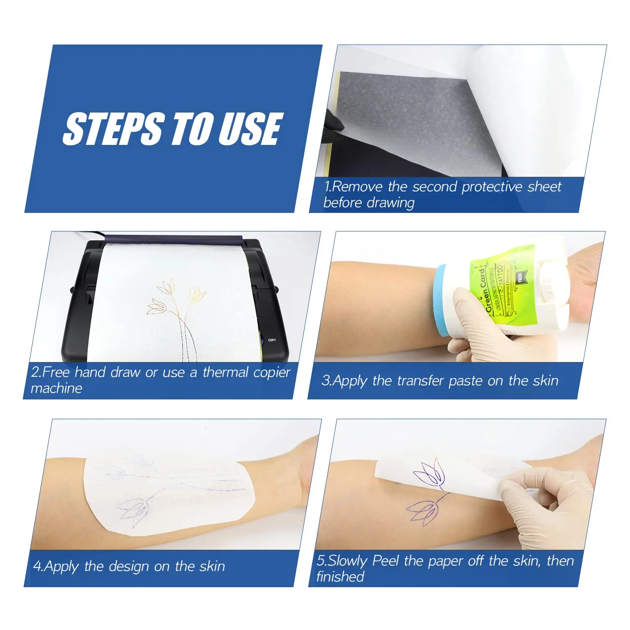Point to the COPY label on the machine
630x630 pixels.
[x=272, y=340]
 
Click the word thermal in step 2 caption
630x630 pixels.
[x=226, y=373]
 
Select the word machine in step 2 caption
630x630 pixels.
[x=56, y=388]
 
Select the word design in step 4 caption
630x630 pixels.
[x=129, y=567]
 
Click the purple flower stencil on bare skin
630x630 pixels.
[x=424, y=509]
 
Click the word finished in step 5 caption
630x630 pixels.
[x=340, y=577]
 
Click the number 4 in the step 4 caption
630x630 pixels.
[x=37, y=567]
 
